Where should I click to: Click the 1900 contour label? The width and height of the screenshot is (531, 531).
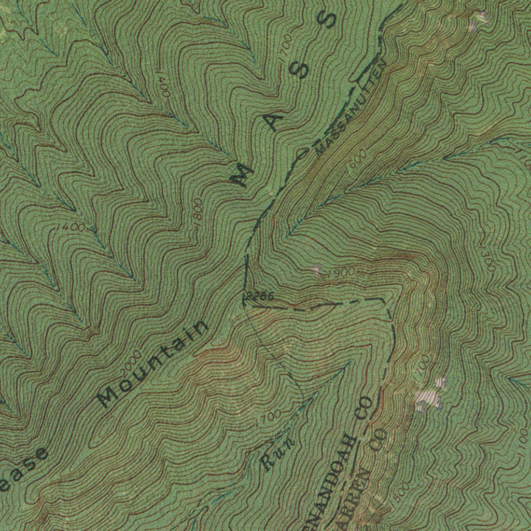point(341,272)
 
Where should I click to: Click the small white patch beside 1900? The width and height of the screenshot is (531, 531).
point(316,270)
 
